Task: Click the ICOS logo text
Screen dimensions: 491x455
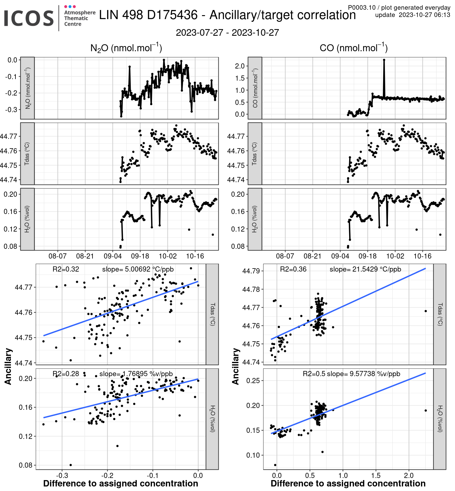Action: click(x=29, y=18)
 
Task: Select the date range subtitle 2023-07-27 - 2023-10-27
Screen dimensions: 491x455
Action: click(x=227, y=33)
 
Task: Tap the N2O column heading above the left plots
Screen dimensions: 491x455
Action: click(x=126, y=48)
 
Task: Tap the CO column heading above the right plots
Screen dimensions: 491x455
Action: click(x=353, y=48)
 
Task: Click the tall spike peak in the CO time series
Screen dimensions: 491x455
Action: click(x=384, y=60)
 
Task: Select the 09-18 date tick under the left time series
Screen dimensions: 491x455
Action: click(x=140, y=256)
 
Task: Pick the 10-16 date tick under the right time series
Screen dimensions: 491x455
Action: click(x=423, y=256)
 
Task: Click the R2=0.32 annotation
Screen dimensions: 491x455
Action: click(x=66, y=269)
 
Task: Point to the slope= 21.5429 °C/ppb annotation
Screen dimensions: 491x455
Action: click(x=365, y=269)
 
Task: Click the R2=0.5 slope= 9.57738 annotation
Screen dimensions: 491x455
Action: click(x=351, y=374)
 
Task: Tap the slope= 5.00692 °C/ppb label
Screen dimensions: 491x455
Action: click(x=138, y=269)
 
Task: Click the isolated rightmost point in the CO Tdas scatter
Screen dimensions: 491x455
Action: click(x=426, y=311)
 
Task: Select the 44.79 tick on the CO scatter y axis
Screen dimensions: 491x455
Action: click(x=251, y=271)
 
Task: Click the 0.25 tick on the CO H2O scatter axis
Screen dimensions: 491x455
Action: click(x=254, y=380)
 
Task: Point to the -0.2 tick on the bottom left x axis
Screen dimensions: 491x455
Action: click(x=107, y=475)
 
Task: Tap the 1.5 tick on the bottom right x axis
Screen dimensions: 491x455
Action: click(x=376, y=475)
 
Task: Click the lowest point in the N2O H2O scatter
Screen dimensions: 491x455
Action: click(x=71, y=465)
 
